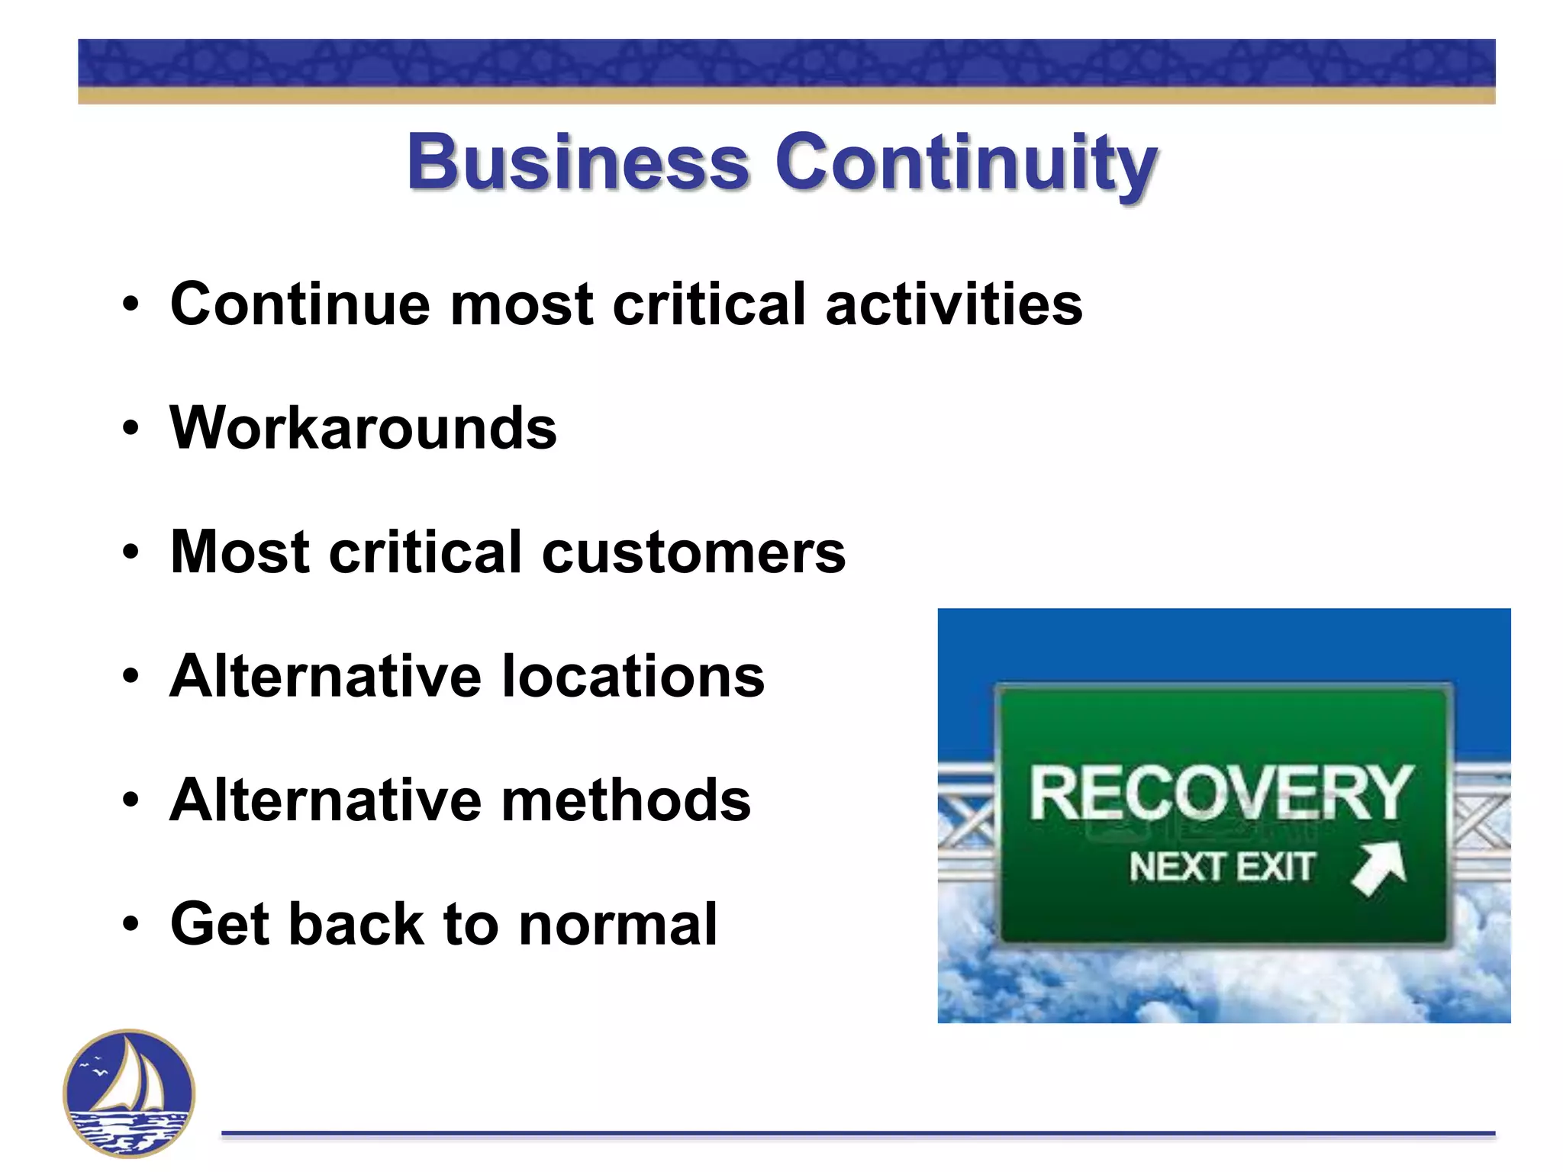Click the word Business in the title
click(x=578, y=162)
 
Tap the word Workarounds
click(x=363, y=428)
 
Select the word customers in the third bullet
click(x=693, y=552)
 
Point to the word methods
click(x=626, y=800)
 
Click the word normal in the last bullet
click(x=618, y=924)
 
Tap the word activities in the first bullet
click(x=953, y=304)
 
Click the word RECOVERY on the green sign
click(x=1221, y=794)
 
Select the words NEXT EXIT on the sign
click(x=1221, y=867)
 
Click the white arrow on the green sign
click(x=1378, y=868)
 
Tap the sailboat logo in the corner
click(x=129, y=1093)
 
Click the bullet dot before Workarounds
click(x=131, y=429)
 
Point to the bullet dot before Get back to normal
click(x=131, y=925)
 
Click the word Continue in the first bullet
click(x=300, y=304)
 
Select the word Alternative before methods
click(x=326, y=800)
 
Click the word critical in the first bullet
click(x=709, y=304)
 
